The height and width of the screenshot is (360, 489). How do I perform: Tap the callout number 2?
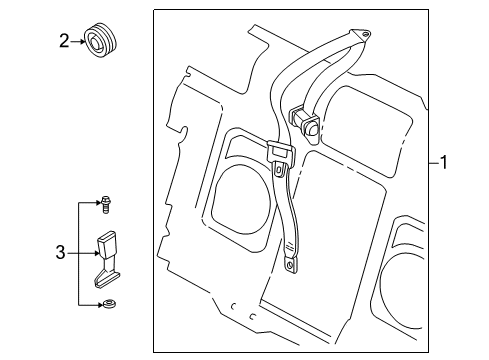tap(62, 41)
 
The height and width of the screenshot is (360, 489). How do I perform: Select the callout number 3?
tap(62, 253)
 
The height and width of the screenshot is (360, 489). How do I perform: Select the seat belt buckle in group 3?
tap(107, 251)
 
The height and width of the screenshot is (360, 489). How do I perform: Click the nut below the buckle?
tap(105, 304)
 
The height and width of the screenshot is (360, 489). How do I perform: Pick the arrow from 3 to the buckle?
tap(84, 253)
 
